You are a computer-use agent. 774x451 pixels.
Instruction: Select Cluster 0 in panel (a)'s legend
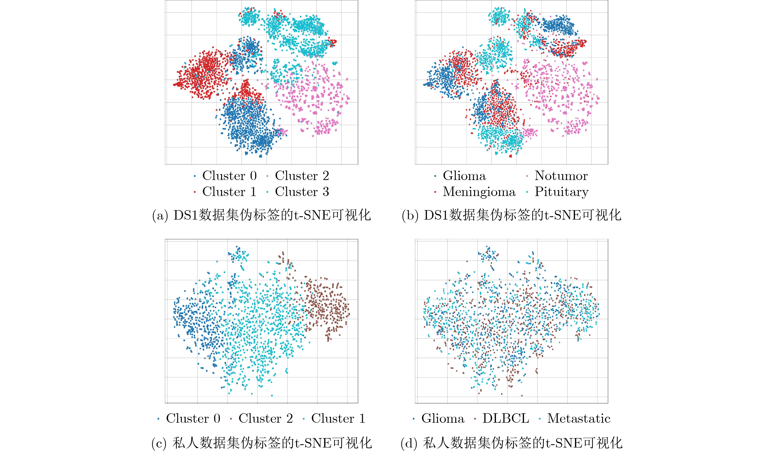tap(229, 175)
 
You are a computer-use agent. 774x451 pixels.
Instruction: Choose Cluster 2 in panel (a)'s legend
tap(302, 175)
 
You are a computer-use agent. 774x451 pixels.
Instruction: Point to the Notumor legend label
tap(561, 175)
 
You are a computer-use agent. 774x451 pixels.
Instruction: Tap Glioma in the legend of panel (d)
tap(443, 418)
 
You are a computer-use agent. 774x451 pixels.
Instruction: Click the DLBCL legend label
tap(506, 418)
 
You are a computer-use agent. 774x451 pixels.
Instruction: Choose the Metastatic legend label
tap(579, 418)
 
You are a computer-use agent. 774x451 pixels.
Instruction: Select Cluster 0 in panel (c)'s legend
tap(193, 418)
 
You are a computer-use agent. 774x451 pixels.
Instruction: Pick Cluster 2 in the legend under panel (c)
tap(265, 418)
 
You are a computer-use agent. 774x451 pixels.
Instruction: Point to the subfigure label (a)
tap(160, 215)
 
